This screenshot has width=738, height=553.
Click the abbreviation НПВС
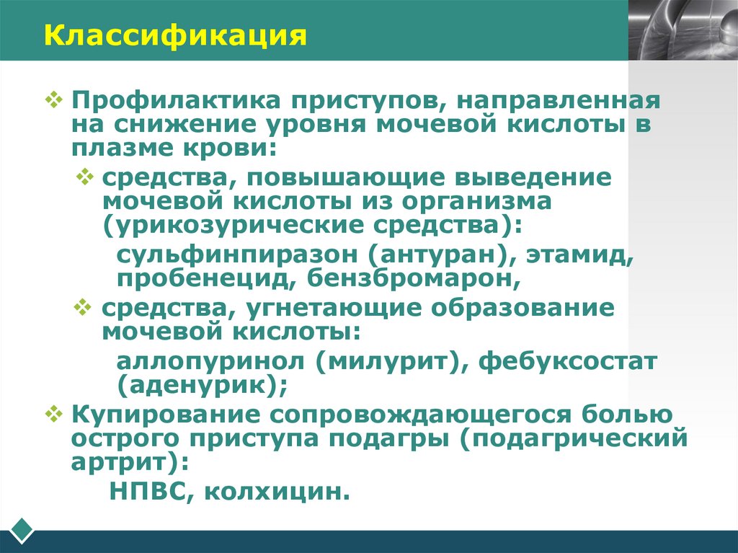click(151, 492)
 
